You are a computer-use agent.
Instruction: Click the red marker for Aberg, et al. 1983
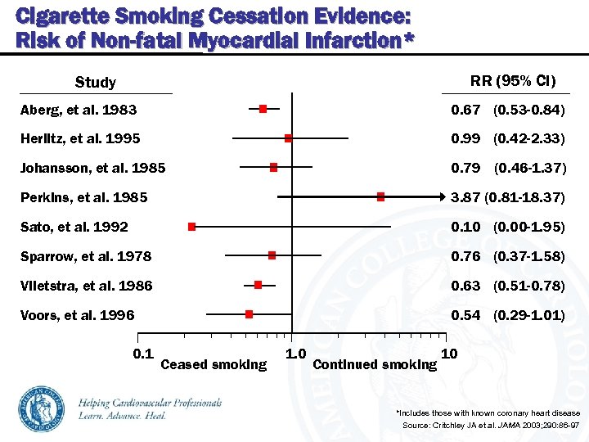(263, 109)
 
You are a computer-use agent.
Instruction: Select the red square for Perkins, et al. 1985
(380, 196)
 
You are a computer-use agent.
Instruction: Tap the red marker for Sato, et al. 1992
(191, 226)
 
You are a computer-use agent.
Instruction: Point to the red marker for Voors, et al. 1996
(249, 313)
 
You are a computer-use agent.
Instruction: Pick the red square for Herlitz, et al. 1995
(289, 138)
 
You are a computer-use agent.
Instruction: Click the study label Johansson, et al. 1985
(93, 168)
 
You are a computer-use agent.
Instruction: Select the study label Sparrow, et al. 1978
(86, 256)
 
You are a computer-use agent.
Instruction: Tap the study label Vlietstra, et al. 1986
(87, 286)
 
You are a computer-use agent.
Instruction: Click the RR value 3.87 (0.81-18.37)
(508, 197)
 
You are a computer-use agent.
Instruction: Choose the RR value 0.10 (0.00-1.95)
(508, 227)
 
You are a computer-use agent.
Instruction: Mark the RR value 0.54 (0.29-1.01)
(508, 315)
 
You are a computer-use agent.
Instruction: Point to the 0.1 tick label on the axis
(143, 353)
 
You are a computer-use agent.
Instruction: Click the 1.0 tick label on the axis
(295, 354)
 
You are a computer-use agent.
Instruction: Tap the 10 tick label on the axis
(448, 354)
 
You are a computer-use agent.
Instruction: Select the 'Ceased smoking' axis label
(214, 364)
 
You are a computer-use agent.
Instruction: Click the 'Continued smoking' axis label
(375, 364)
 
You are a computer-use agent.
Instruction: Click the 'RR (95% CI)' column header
(513, 80)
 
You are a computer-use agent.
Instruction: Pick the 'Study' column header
(96, 82)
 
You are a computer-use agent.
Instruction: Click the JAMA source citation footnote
(491, 426)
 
